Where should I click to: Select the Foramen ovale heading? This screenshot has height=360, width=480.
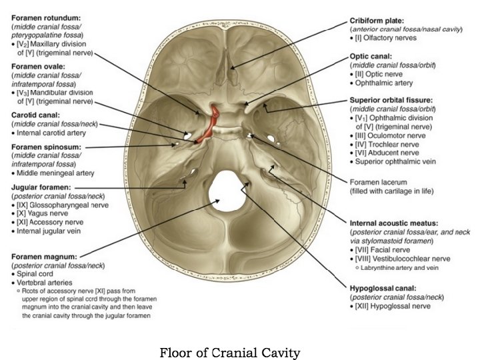click(38, 67)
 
